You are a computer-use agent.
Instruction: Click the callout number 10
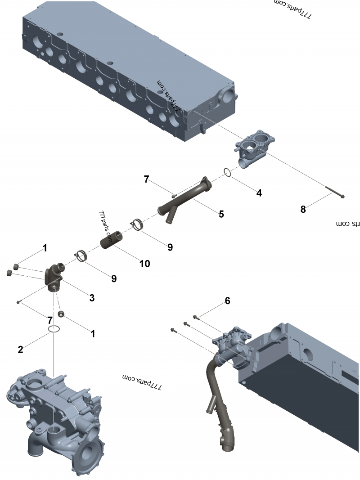click(x=144, y=263)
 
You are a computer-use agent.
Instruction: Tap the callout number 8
click(x=303, y=209)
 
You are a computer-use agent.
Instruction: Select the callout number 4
click(x=259, y=193)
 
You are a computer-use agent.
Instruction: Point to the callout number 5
click(x=221, y=214)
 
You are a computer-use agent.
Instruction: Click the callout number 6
click(x=227, y=301)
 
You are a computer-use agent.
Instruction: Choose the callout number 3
click(x=92, y=297)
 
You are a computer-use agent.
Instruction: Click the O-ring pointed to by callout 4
click(x=228, y=173)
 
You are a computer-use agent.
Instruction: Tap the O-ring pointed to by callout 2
click(x=54, y=330)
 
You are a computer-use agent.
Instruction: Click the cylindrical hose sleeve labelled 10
click(x=112, y=239)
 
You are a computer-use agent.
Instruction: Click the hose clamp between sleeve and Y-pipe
click(x=138, y=224)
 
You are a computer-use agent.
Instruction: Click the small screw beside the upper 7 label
click(x=173, y=195)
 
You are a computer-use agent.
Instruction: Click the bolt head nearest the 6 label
click(x=195, y=317)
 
